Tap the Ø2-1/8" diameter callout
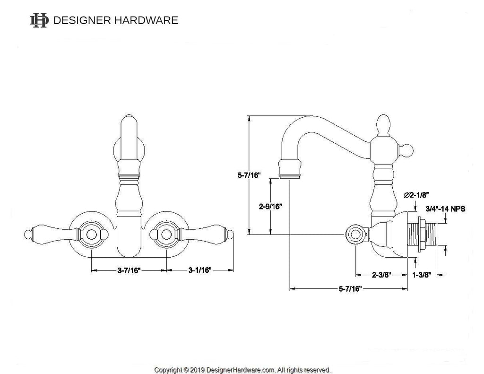click(416, 195)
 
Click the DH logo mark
click(39, 20)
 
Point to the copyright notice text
click(242, 369)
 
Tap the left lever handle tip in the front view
click(27, 234)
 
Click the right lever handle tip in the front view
click(231, 234)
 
